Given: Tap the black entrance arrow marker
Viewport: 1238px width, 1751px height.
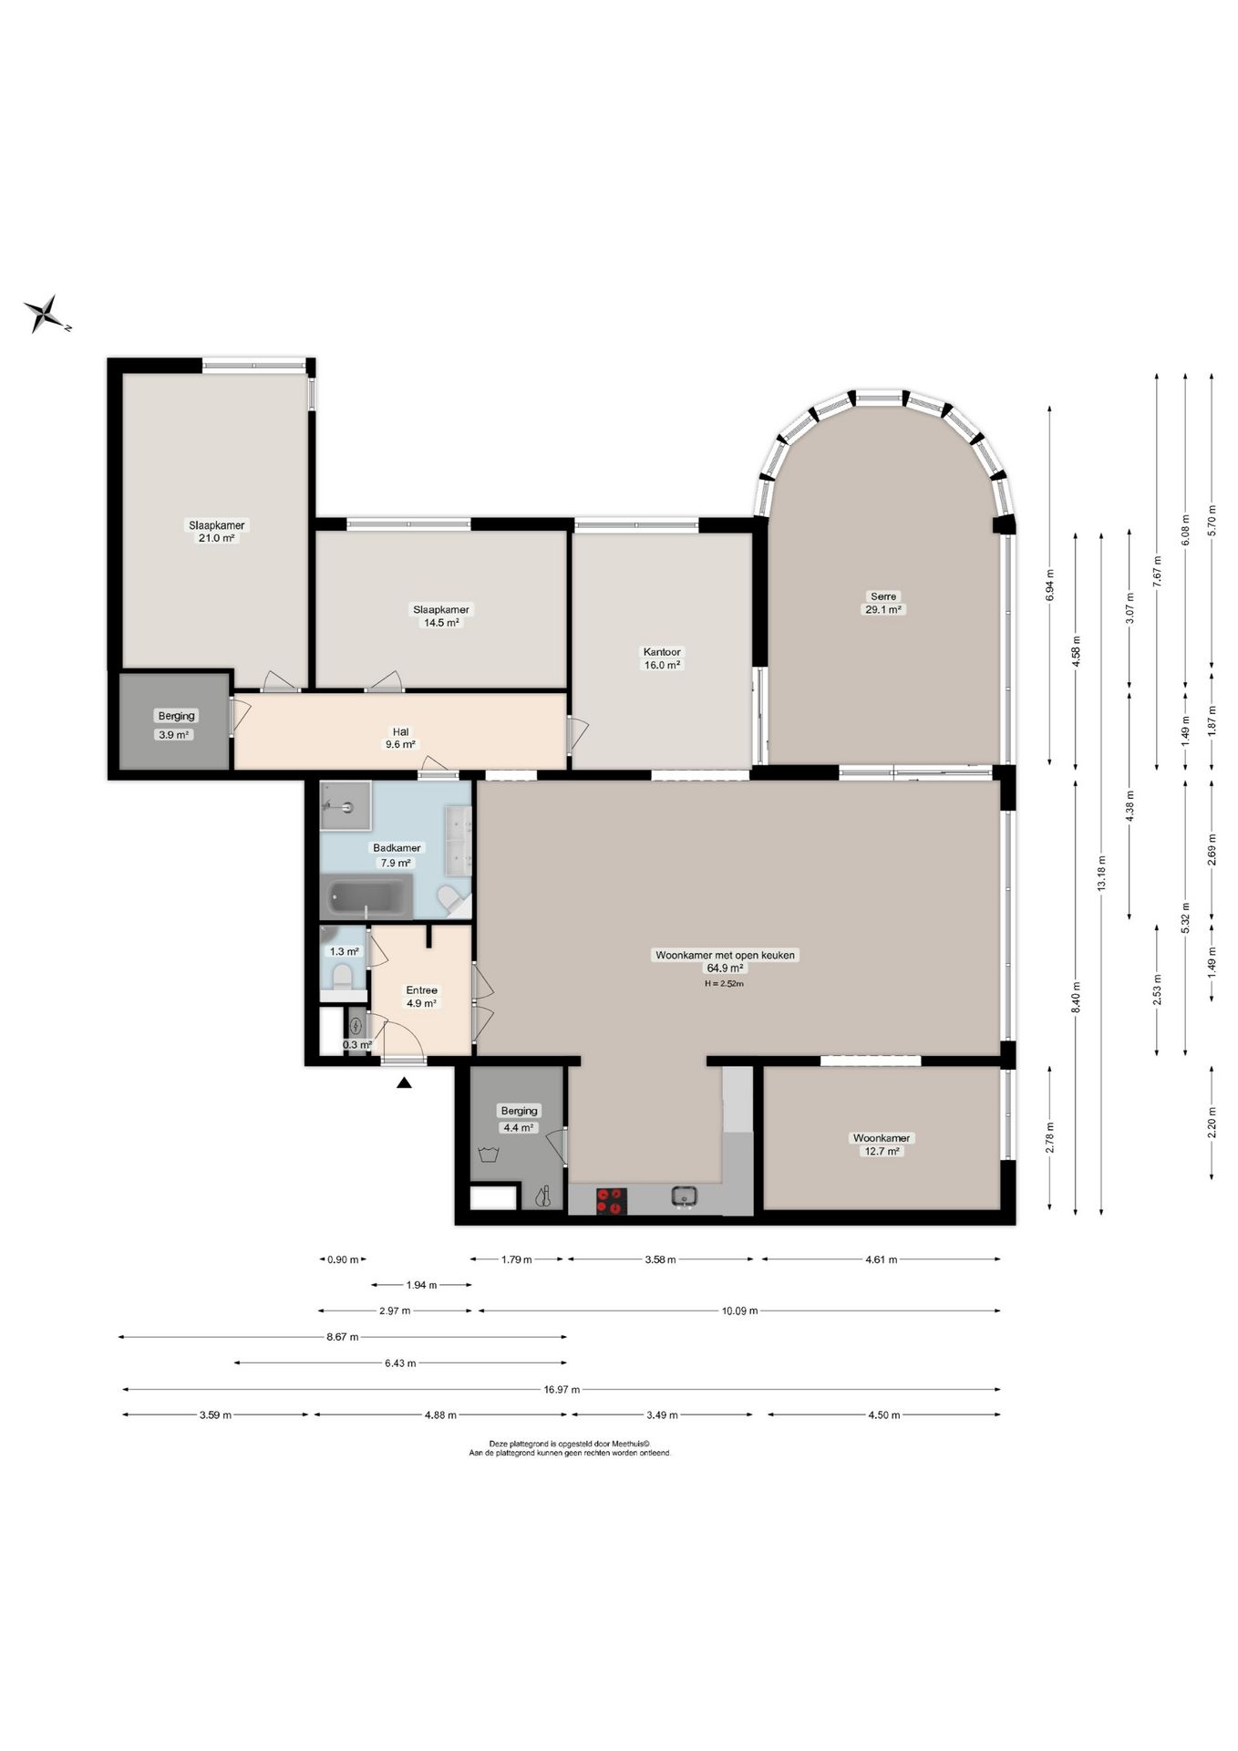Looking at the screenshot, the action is coord(404,1083).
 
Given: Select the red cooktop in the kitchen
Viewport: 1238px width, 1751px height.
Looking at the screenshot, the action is coord(612,1200).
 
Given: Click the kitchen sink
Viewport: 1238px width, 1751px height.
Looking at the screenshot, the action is coord(685,1196).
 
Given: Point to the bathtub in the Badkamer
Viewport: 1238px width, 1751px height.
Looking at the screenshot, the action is coord(368,897).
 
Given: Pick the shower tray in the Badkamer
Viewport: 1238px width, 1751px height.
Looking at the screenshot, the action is coord(346,806).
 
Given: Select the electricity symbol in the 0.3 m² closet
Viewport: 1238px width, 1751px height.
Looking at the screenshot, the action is coord(356,1024).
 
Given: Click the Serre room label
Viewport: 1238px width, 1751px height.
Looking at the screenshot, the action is coord(882,596).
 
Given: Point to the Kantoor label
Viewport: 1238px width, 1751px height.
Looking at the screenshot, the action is coord(662,652).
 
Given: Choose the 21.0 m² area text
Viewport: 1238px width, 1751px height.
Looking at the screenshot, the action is coord(217,538).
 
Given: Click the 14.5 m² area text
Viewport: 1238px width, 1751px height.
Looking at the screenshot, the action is coord(440,623).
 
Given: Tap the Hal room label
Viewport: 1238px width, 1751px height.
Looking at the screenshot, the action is coord(400,731).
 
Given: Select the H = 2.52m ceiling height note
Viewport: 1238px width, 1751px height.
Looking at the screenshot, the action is coord(724,984).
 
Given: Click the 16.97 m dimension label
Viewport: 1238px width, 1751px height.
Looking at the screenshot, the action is coord(562,1390).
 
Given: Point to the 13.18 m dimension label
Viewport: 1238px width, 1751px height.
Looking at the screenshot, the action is coord(1101,873).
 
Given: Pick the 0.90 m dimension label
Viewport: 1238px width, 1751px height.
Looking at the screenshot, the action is coord(343,1260).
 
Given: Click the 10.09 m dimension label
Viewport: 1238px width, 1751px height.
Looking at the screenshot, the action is coord(739,1311).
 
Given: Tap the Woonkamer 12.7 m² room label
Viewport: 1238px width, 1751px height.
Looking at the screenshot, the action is coord(881,1145).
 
